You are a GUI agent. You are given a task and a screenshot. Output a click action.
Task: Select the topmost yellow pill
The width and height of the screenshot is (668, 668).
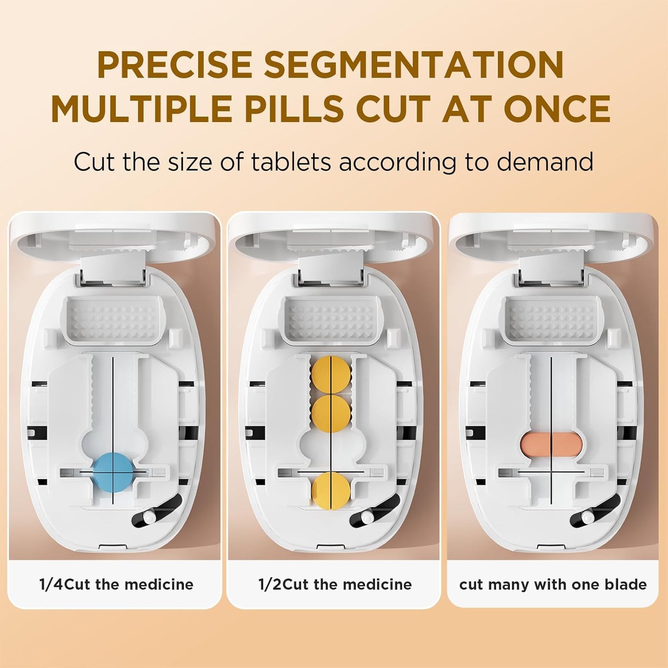(x=331, y=374)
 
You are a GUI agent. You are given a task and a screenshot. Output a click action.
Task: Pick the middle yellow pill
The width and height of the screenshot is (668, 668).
(x=331, y=413)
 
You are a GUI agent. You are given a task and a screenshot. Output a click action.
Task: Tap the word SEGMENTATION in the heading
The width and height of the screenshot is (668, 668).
(x=414, y=65)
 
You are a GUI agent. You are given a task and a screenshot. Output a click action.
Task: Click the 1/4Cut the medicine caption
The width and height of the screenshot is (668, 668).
(x=116, y=584)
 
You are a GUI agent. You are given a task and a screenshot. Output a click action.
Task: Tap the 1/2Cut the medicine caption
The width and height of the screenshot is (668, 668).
(x=335, y=584)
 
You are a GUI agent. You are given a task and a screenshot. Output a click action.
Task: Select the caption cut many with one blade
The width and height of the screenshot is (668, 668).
(x=553, y=584)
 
